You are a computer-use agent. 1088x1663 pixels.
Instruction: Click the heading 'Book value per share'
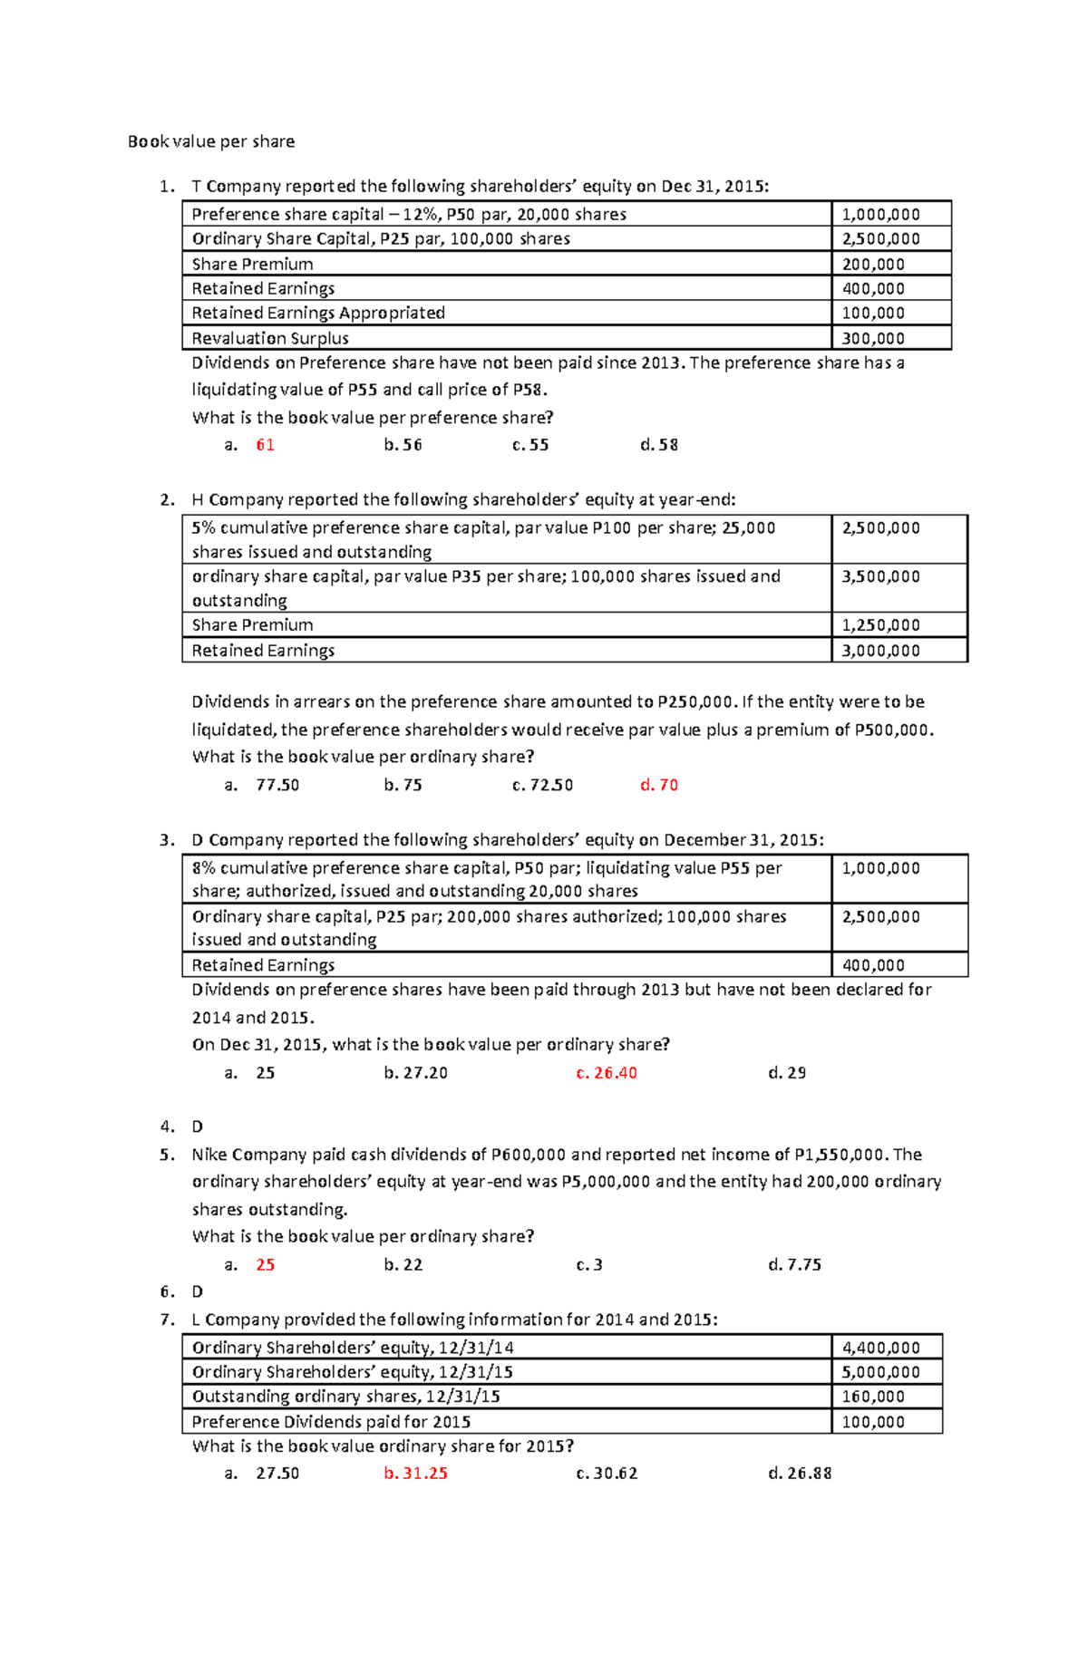tap(211, 141)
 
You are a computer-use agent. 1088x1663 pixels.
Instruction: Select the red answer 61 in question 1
tap(265, 445)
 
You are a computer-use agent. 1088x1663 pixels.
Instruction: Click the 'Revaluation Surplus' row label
tap(270, 338)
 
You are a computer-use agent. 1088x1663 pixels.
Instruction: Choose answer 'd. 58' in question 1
tap(659, 445)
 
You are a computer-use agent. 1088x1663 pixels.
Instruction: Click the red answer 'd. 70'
tap(659, 785)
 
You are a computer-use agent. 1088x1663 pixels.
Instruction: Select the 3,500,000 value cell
tap(880, 576)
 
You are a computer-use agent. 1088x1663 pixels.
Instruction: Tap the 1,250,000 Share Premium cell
tap(880, 625)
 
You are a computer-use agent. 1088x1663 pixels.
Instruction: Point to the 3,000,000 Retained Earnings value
tap(880, 651)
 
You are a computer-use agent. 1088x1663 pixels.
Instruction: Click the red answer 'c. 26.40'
tap(607, 1073)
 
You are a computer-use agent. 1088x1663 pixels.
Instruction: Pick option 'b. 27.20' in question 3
tap(415, 1073)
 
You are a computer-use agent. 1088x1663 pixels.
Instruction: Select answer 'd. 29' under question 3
tap(787, 1073)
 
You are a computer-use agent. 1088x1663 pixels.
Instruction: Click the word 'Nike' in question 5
tap(209, 1155)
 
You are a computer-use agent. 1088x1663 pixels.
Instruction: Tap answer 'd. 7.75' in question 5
tap(794, 1264)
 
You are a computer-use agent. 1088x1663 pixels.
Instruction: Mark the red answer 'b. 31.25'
tap(415, 1474)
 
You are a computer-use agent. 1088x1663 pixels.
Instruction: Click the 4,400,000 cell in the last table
tap(880, 1348)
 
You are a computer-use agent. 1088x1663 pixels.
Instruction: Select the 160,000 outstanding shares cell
tap(873, 1397)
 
